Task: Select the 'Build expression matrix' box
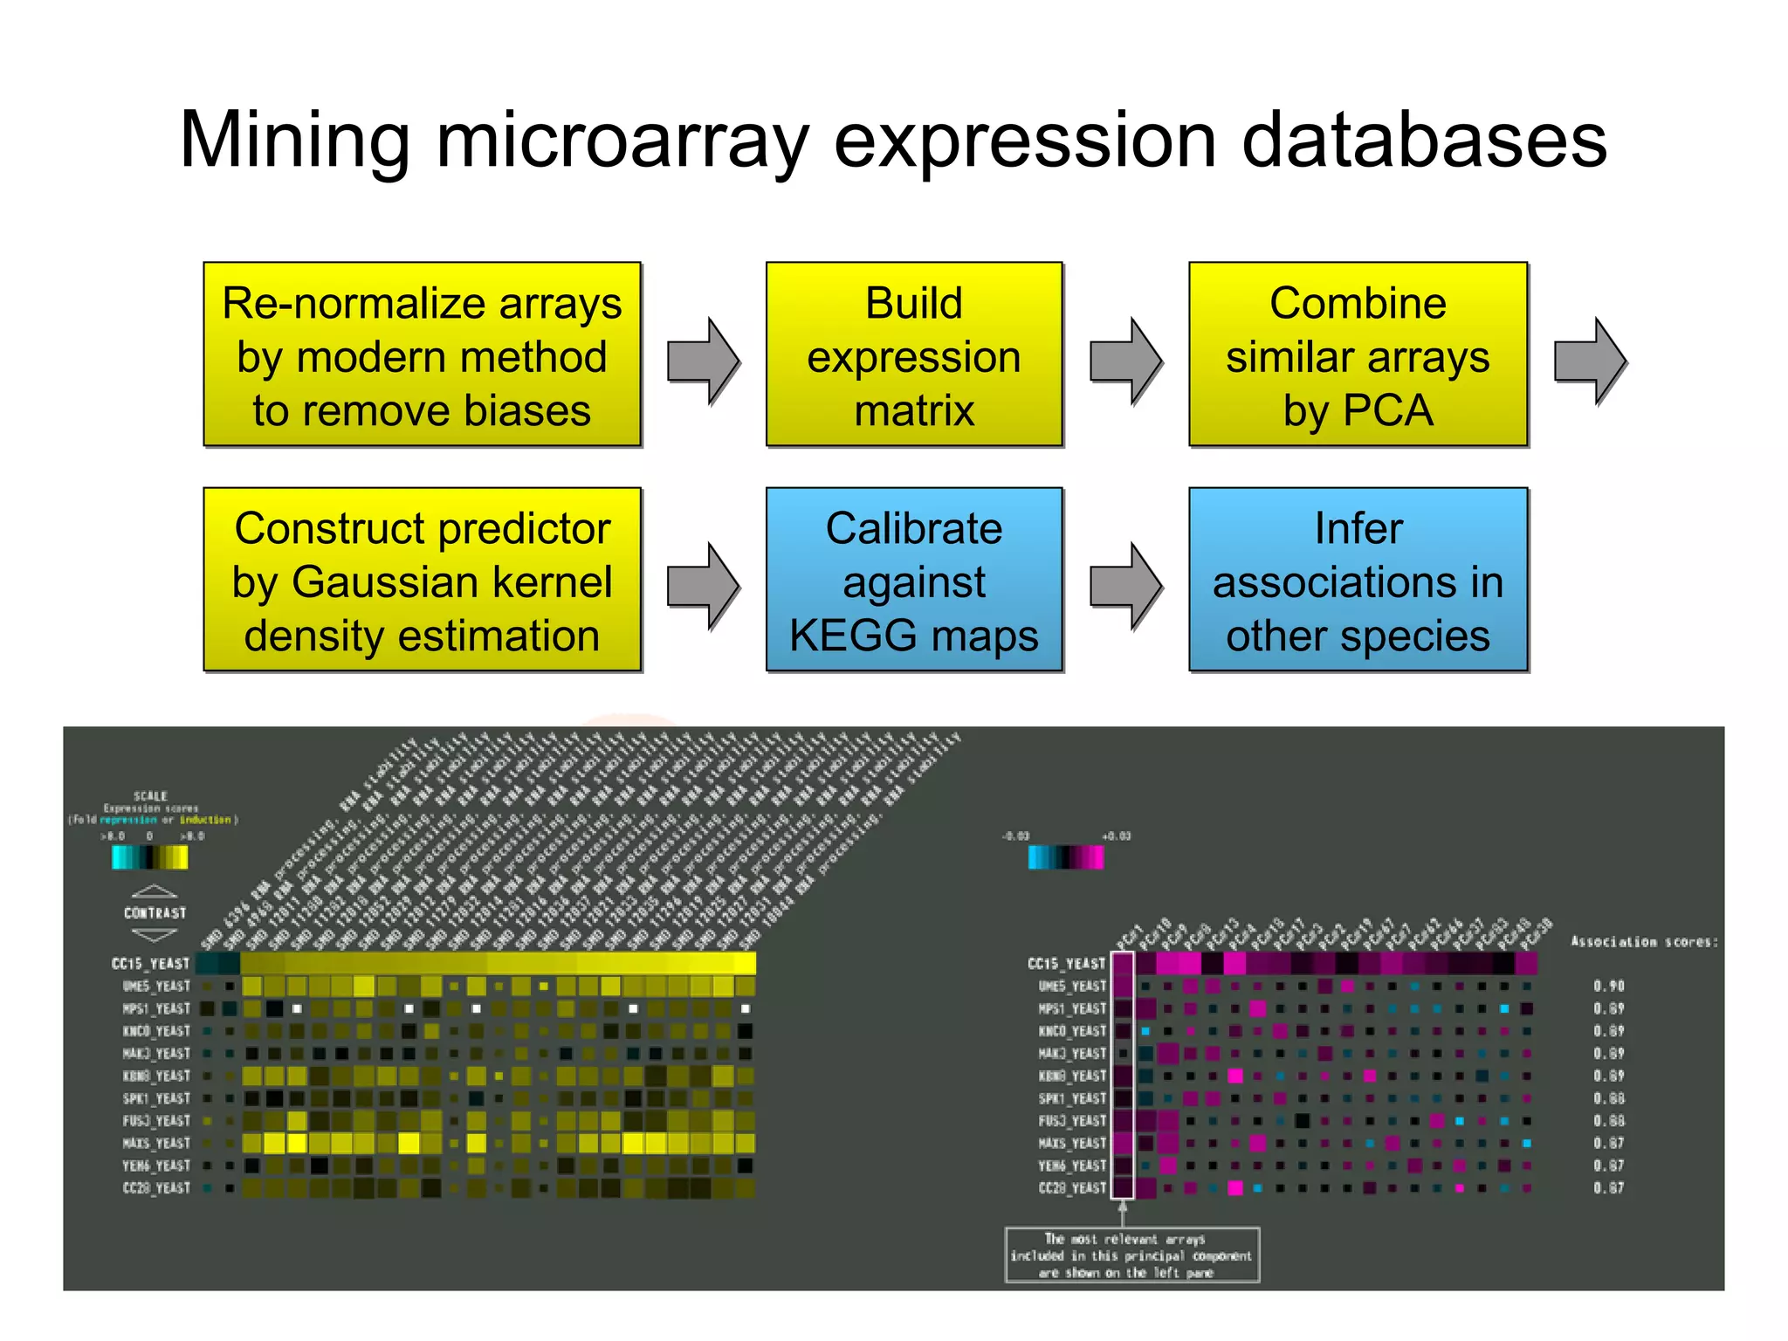click(x=913, y=354)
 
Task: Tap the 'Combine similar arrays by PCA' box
click(x=1357, y=354)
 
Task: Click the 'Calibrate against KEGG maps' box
click(x=913, y=580)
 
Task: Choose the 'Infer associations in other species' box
click(x=1357, y=580)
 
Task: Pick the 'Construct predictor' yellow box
click(x=422, y=580)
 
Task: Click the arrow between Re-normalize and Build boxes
click(x=703, y=361)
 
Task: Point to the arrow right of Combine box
click(x=1589, y=361)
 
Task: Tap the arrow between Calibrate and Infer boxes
click(x=1125, y=586)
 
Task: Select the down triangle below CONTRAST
click(x=155, y=935)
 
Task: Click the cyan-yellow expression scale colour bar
click(x=149, y=857)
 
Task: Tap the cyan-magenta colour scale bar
click(x=1065, y=857)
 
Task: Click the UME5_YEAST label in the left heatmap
click(x=156, y=986)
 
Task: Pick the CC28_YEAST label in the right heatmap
click(x=1071, y=1187)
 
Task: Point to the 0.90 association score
click(x=1608, y=986)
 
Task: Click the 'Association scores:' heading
click(x=1644, y=941)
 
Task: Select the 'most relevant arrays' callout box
click(x=1131, y=1255)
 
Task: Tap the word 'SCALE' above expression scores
click(x=150, y=795)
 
